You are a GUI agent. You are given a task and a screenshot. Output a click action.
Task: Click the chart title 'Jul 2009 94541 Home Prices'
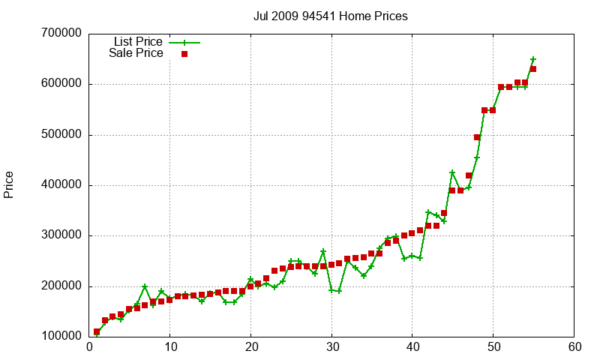[x=331, y=16]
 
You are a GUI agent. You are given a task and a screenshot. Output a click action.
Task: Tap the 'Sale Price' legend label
[x=136, y=53]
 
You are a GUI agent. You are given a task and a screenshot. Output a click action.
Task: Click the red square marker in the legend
[x=184, y=53]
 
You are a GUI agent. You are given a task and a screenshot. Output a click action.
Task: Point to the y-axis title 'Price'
[x=9, y=184]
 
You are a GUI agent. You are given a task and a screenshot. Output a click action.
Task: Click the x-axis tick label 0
[x=89, y=347]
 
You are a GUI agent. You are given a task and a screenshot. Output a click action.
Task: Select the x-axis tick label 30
[x=331, y=347]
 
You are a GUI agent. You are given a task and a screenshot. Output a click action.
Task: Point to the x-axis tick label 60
[x=574, y=347]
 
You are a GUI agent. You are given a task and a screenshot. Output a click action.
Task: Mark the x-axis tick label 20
[x=250, y=347]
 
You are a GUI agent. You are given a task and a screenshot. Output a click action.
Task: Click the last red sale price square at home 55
[x=533, y=69]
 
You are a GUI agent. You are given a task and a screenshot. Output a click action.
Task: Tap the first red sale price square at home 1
[x=97, y=331]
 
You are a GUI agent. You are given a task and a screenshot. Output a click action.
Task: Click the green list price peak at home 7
[x=145, y=286]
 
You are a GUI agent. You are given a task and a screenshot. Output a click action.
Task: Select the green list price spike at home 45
[x=452, y=172]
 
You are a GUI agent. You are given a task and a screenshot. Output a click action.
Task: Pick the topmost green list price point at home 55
[x=533, y=59]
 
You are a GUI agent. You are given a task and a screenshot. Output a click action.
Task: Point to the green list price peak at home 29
[x=323, y=251]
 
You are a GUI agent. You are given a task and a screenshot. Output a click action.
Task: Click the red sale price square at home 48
[x=477, y=137]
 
